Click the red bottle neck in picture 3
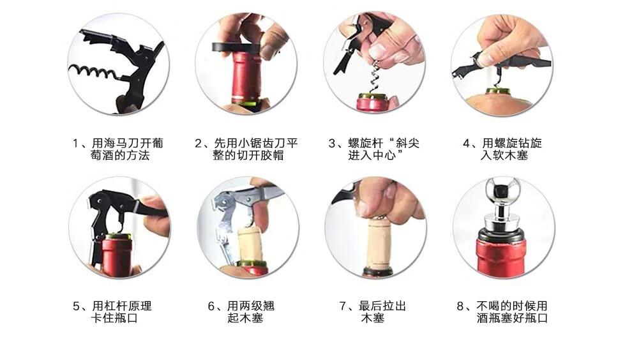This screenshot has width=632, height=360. point(373,103)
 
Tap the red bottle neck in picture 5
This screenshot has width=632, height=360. point(117,257)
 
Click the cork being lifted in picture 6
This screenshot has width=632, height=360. point(250,244)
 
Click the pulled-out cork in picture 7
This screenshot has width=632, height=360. point(379,243)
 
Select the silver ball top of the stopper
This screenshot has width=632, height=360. point(502,189)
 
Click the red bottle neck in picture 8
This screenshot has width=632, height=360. point(502,258)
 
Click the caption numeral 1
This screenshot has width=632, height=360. point(75,144)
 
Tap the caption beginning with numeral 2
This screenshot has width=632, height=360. point(246,149)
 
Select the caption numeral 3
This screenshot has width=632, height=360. point(332,144)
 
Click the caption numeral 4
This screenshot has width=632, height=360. point(467,144)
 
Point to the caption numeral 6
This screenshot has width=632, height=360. point(211,306)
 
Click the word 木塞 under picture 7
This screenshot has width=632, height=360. point(373,318)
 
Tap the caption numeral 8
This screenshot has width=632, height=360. point(460,306)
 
